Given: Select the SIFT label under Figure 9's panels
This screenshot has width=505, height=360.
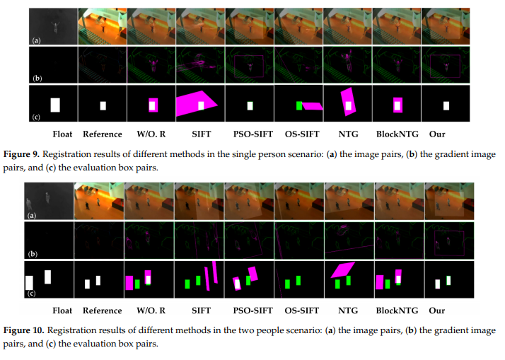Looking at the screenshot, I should [x=201, y=133].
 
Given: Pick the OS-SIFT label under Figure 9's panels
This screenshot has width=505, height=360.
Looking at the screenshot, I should [x=298, y=133].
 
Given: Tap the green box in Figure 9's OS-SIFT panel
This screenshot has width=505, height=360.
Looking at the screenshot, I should [x=299, y=105].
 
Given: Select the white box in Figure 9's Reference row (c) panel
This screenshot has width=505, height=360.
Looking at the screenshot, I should [x=103, y=105].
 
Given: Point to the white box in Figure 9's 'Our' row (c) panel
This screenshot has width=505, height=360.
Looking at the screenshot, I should [x=446, y=106].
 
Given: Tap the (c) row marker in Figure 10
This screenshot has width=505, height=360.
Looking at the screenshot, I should [x=31, y=293].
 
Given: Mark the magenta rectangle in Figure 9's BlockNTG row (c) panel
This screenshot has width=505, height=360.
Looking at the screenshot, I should [x=397, y=105].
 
